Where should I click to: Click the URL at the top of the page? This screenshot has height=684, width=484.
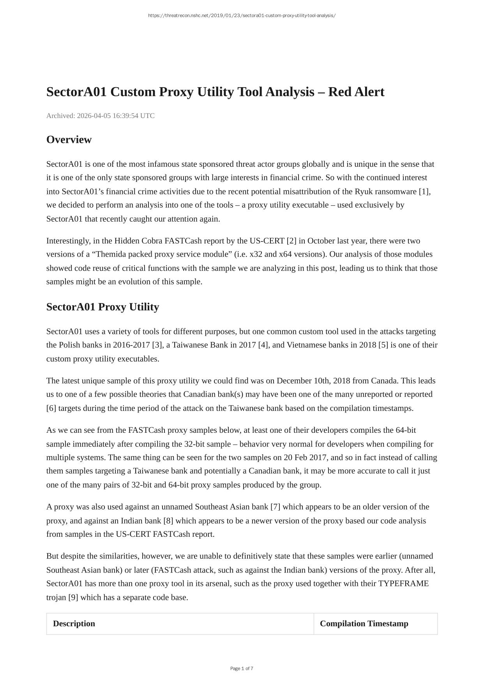click(242, 16)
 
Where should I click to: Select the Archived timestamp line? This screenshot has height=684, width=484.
click(100, 116)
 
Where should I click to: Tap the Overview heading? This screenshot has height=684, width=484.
click(69, 139)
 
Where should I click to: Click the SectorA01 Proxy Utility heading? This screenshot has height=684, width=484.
click(102, 307)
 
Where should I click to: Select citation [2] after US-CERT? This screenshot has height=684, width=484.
click(291, 241)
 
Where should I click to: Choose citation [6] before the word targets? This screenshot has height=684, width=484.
click(51, 408)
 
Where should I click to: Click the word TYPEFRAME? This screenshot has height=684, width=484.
click(403, 584)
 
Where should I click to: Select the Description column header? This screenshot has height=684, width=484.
click(74, 624)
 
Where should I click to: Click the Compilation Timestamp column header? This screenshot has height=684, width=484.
click(364, 624)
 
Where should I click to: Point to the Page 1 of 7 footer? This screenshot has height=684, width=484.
click(242, 668)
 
